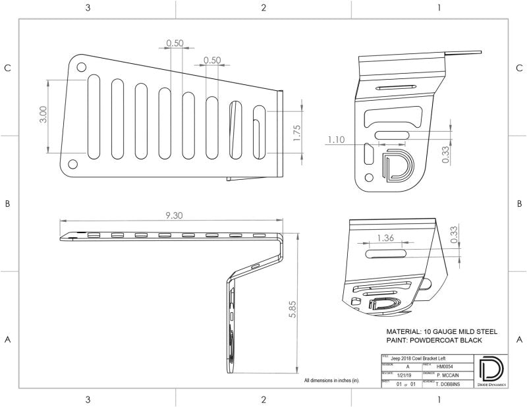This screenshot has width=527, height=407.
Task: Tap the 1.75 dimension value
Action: point(296,134)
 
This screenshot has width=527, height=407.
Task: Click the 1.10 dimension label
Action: point(336,140)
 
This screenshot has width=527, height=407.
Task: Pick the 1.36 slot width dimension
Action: point(387,238)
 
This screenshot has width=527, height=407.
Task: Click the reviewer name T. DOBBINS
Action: point(449,383)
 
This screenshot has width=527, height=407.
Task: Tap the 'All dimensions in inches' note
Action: point(331,381)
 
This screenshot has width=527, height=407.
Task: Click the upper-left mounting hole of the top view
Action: point(81,67)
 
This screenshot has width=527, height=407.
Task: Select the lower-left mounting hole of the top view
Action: point(72,163)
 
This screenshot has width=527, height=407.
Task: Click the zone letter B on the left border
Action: point(7,204)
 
